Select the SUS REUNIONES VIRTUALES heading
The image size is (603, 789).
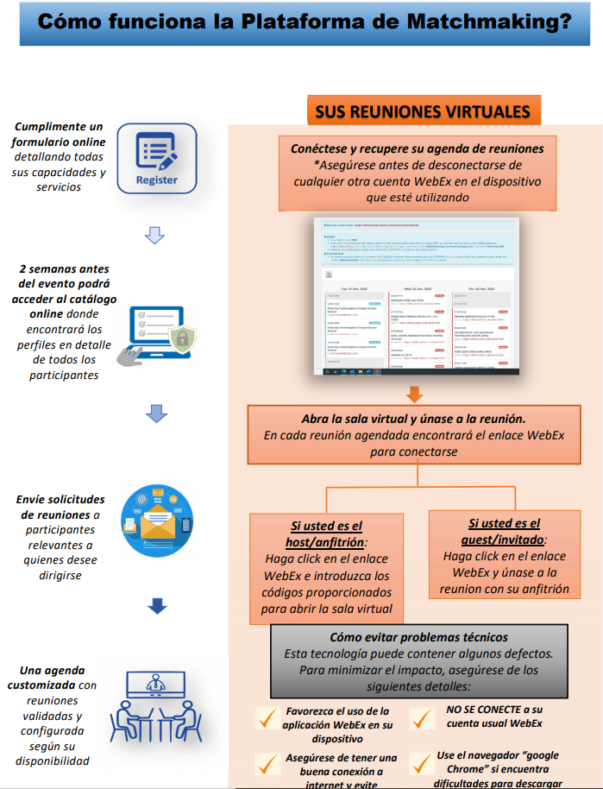[x=422, y=111]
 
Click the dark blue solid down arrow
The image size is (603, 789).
[x=156, y=606]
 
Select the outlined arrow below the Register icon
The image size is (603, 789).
[x=155, y=234]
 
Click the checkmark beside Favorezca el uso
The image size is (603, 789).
[x=266, y=717]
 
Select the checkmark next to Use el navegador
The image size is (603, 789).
[x=421, y=763]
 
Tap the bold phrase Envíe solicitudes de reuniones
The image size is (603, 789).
[x=60, y=508]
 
